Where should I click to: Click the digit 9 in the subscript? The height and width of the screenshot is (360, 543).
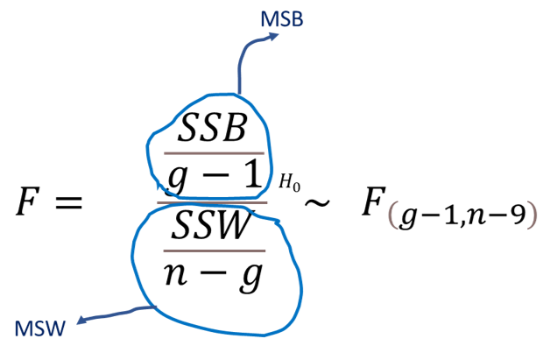(x=517, y=215)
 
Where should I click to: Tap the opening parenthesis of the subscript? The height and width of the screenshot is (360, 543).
(x=391, y=216)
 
